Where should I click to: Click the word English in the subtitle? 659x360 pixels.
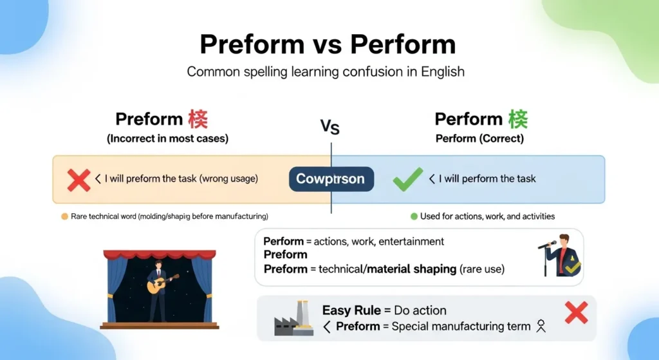[x=442, y=71]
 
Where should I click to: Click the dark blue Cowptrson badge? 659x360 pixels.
[x=331, y=179]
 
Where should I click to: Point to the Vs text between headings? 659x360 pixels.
[x=330, y=127]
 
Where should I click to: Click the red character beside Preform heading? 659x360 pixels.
[x=198, y=119]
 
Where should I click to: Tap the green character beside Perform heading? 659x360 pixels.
[x=517, y=119]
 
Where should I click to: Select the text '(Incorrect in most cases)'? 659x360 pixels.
[x=167, y=138]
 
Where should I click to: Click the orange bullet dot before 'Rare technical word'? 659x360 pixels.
[x=64, y=216]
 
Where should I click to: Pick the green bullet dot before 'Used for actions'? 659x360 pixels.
[x=414, y=216]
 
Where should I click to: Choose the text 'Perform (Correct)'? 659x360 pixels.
[x=479, y=138]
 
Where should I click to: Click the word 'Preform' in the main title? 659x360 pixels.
[x=252, y=44]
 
